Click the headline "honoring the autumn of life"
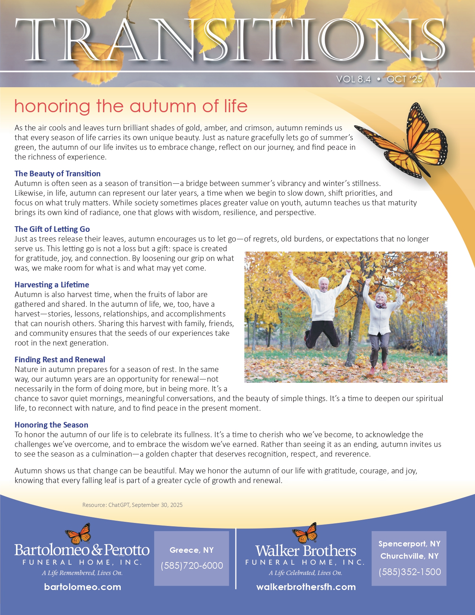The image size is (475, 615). (131, 106)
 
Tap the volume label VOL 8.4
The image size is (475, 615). (353, 79)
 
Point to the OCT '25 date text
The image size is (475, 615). (405, 79)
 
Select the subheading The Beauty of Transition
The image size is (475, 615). (57, 174)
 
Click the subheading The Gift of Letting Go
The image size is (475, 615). (52, 229)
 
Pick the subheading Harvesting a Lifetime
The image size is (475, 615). (52, 285)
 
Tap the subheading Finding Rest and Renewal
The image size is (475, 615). (60, 360)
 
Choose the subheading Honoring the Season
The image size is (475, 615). (51, 425)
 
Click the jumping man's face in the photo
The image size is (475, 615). (323, 286)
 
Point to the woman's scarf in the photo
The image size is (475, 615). (381, 306)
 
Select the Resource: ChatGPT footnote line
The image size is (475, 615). (132, 505)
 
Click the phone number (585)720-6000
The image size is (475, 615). (192, 566)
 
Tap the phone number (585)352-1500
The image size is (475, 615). (409, 572)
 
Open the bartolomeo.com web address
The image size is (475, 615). (82, 587)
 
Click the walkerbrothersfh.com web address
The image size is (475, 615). (306, 587)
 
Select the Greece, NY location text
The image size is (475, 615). (191, 550)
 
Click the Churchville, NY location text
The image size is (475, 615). (409, 556)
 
